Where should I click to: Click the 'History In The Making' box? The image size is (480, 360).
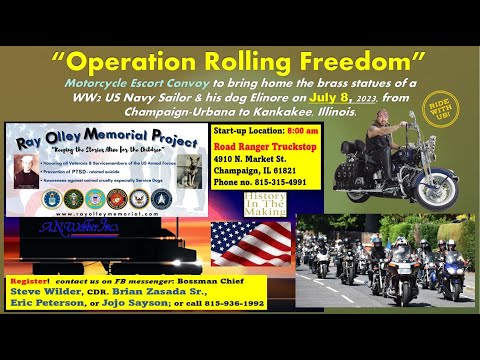pos(266,204)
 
